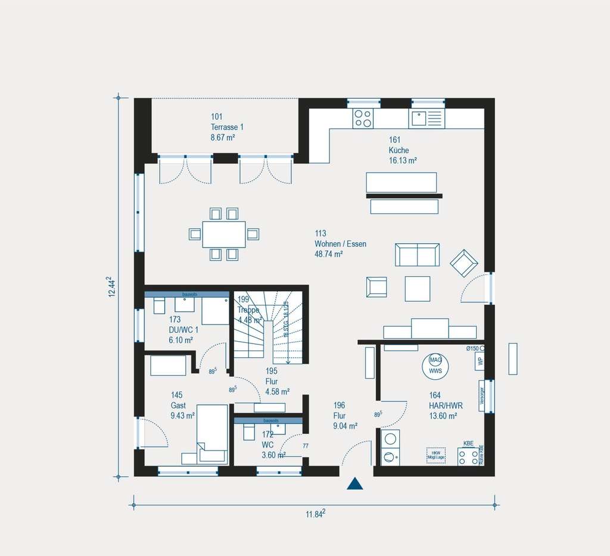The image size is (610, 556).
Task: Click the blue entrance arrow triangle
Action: click(x=355, y=483)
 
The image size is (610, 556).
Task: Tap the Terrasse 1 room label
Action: click(x=227, y=127)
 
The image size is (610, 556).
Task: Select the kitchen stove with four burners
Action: click(x=362, y=118)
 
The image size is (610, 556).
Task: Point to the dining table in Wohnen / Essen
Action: click(x=224, y=234)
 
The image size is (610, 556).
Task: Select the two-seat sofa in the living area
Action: click(x=417, y=255)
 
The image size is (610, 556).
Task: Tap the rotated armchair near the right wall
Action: click(x=464, y=263)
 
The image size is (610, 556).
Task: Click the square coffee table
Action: click(x=417, y=289)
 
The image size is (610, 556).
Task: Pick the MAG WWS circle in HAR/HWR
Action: click(x=435, y=365)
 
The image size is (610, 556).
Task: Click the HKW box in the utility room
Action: click(x=435, y=455)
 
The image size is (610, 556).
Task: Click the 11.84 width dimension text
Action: click(x=315, y=515)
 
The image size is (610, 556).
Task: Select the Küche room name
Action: click(x=399, y=151)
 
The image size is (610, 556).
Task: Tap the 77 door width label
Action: click(x=306, y=446)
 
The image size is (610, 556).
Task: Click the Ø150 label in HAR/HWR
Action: click(x=472, y=348)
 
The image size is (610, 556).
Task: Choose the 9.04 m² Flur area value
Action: click(x=346, y=426)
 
